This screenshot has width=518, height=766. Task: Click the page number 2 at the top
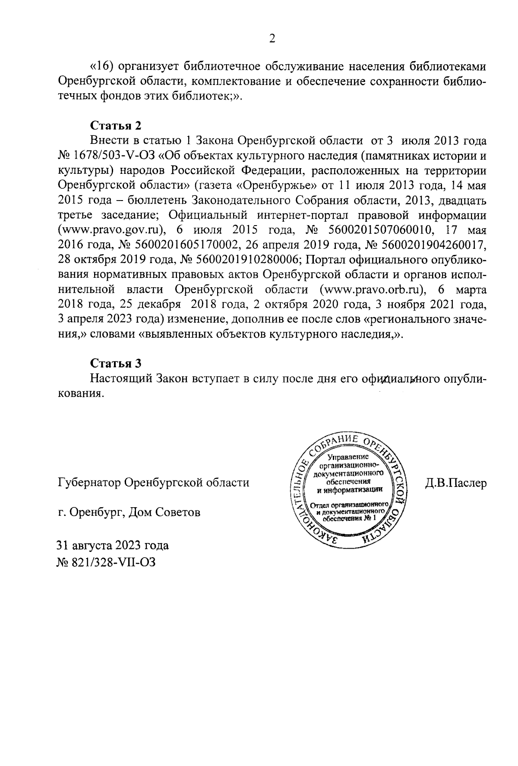coord(272,39)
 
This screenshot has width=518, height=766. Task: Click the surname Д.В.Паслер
coord(455,483)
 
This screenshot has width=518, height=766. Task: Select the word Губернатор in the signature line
coord(88,483)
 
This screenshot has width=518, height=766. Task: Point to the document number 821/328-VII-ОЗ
coord(113,562)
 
